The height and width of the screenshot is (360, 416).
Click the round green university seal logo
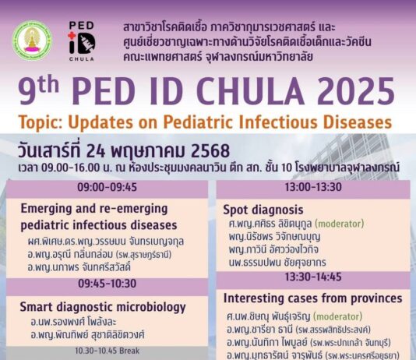point(33,41)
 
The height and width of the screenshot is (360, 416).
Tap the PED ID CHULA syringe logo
point(82,41)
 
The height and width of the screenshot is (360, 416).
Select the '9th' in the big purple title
point(38,90)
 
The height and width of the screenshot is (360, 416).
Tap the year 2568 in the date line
point(210,150)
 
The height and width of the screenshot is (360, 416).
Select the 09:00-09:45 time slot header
point(108,187)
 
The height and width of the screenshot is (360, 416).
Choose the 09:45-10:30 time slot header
point(108,284)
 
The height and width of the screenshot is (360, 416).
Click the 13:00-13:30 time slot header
point(313,187)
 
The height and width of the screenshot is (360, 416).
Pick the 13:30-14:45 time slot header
point(313,277)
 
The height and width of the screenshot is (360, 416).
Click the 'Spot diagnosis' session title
point(263,210)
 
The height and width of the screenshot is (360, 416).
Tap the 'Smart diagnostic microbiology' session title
point(103,307)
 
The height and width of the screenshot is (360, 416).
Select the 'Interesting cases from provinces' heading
point(313,298)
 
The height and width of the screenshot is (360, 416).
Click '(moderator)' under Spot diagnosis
point(340,224)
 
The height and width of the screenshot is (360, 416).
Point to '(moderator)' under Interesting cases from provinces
point(338,316)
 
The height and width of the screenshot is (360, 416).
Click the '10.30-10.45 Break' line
point(108,351)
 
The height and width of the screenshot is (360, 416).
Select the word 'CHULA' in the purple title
point(250,91)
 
